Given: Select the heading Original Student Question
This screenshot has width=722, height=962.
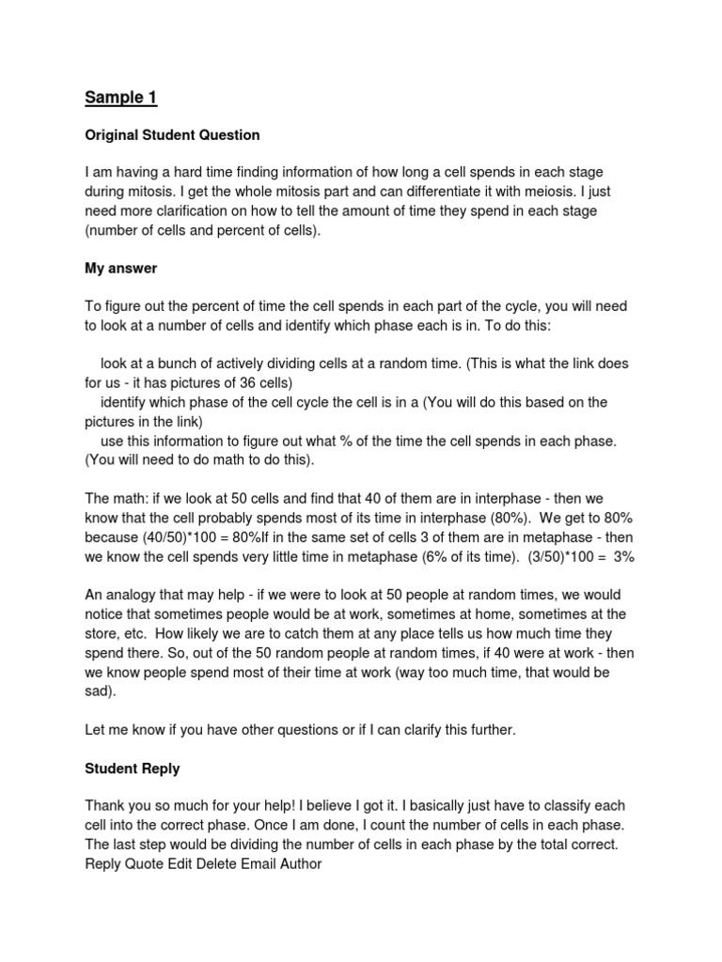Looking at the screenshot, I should click(x=172, y=135).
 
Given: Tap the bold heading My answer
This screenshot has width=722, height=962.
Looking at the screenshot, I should click(x=121, y=269).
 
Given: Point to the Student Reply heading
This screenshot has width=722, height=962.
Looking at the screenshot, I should click(x=133, y=768).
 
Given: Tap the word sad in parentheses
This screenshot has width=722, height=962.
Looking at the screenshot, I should click(x=97, y=692).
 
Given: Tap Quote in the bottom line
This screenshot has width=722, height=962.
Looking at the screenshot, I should click(x=144, y=864).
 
